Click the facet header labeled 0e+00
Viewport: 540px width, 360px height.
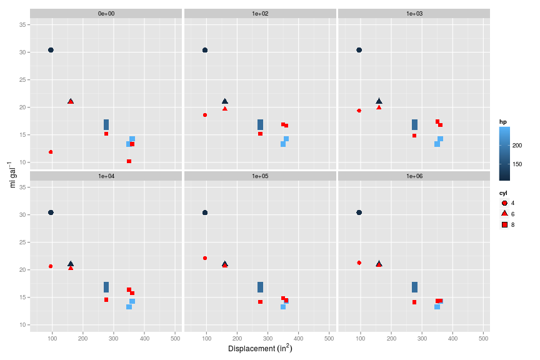[x=106, y=13]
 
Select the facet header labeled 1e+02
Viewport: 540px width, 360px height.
[x=260, y=13]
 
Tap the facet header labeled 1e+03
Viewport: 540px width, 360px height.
[x=414, y=13]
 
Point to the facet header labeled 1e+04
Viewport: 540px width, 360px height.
[x=106, y=176]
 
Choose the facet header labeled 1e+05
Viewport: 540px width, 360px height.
[x=260, y=176]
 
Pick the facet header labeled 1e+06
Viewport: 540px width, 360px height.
[x=414, y=176]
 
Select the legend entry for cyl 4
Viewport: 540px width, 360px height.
[x=504, y=203]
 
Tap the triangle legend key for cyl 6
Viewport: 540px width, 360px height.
[x=504, y=214]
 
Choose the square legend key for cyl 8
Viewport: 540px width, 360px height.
[x=504, y=224]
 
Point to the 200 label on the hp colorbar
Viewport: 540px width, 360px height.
[x=517, y=145]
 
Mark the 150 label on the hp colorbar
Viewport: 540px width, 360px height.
[x=517, y=164]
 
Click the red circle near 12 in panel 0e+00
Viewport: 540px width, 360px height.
[x=51, y=152]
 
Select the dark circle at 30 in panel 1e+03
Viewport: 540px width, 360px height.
[x=359, y=50]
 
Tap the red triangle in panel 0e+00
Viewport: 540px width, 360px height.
[x=71, y=101]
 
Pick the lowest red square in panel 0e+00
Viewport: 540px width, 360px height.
[x=129, y=161]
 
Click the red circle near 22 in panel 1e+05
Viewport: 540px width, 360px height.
[x=205, y=258]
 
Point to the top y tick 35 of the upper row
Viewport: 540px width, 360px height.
[x=22, y=25]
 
